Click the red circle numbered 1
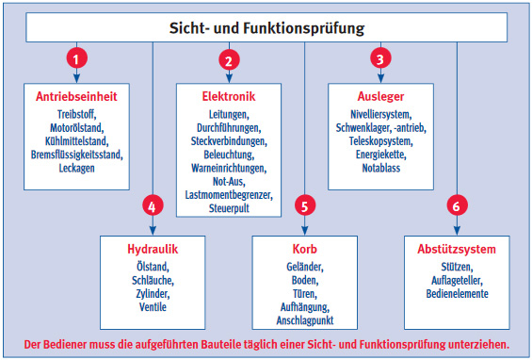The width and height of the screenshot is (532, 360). click(76, 58)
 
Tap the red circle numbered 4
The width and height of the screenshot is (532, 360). click(153, 205)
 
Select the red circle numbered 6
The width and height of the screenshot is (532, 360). click(457, 205)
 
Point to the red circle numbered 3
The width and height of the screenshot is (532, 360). click(380, 58)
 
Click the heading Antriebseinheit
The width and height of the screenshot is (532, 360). click(76, 96)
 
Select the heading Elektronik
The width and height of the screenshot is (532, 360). click(229, 96)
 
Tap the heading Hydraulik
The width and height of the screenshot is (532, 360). click(153, 249)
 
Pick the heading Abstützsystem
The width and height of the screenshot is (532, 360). click(457, 249)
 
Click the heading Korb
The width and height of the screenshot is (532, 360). click(305, 249)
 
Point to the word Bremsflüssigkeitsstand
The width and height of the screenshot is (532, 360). click(76, 155)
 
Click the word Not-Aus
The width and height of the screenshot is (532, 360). click(229, 182)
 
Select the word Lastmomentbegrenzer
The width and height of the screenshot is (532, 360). click(229, 195)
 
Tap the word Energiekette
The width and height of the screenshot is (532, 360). click(380, 155)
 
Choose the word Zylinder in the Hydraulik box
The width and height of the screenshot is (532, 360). click(153, 294)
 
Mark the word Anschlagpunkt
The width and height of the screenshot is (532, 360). click(305, 320)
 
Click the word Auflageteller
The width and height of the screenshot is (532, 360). click(457, 281)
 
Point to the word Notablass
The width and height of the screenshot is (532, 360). click(380, 168)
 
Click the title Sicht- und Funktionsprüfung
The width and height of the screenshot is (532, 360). click(266, 28)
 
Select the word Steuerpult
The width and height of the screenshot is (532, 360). click(229, 208)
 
